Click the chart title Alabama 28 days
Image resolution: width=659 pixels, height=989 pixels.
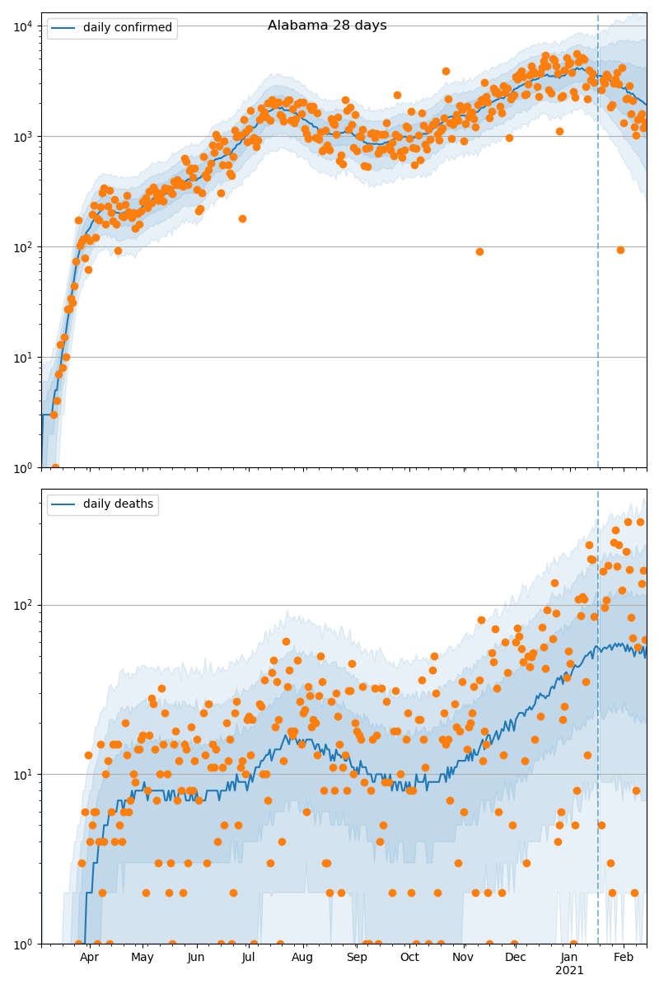tap(327, 26)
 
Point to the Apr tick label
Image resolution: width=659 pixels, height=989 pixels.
tap(89, 958)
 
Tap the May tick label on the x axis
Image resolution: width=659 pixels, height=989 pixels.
tap(142, 958)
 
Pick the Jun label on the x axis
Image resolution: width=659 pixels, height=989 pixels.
tap(196, 958)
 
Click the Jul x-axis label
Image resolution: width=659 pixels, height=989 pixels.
tap(249, 958)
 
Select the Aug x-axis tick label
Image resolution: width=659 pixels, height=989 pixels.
tap(302, 958)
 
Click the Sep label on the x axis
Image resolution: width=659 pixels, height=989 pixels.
tap(357, 958)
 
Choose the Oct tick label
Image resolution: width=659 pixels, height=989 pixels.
tap(409, 958)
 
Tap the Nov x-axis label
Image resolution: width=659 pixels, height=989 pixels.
tap(463, 958)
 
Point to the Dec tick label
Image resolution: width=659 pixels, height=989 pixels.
tap(516, 958)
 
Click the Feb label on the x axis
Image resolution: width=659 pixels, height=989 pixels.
tap(624, 958)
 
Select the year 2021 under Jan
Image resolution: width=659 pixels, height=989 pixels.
tap(569, 971)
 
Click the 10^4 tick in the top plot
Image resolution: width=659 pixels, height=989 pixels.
tap(22, 26)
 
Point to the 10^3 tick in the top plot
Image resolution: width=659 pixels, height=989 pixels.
tap(22, 136)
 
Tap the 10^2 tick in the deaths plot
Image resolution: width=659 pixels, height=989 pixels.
tap(22, 605)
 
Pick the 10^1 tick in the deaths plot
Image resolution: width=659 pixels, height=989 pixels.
tap(22, 774)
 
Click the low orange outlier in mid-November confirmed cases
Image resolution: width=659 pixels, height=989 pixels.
tap(479, 251)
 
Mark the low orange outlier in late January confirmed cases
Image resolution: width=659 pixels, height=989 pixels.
tap(620, 250)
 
